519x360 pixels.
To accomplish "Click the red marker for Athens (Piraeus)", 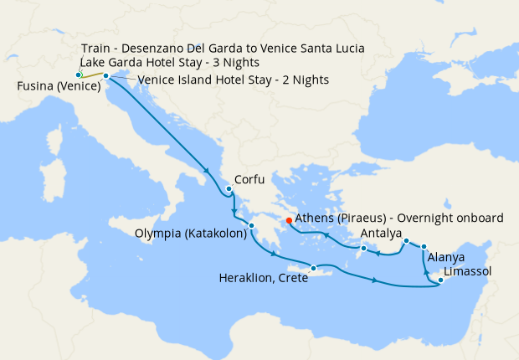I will tap(289, 221).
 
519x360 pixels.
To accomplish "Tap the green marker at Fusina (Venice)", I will tap(79, 75).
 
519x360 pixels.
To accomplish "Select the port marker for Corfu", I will tap(229, 189).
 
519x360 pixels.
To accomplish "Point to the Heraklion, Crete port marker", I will tap(314, 269).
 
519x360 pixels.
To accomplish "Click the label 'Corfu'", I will tap(251, 179).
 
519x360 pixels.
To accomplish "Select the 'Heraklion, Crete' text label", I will tap(263, 279).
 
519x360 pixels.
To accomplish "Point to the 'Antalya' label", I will tap(383, 233).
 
